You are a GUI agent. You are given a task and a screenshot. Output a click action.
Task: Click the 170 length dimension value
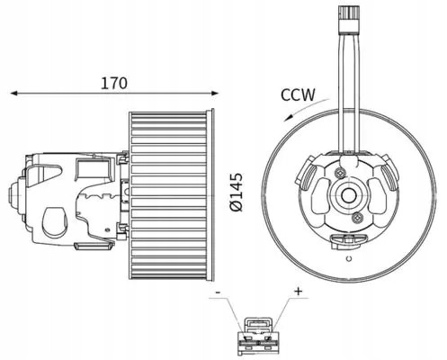(114, 83)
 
